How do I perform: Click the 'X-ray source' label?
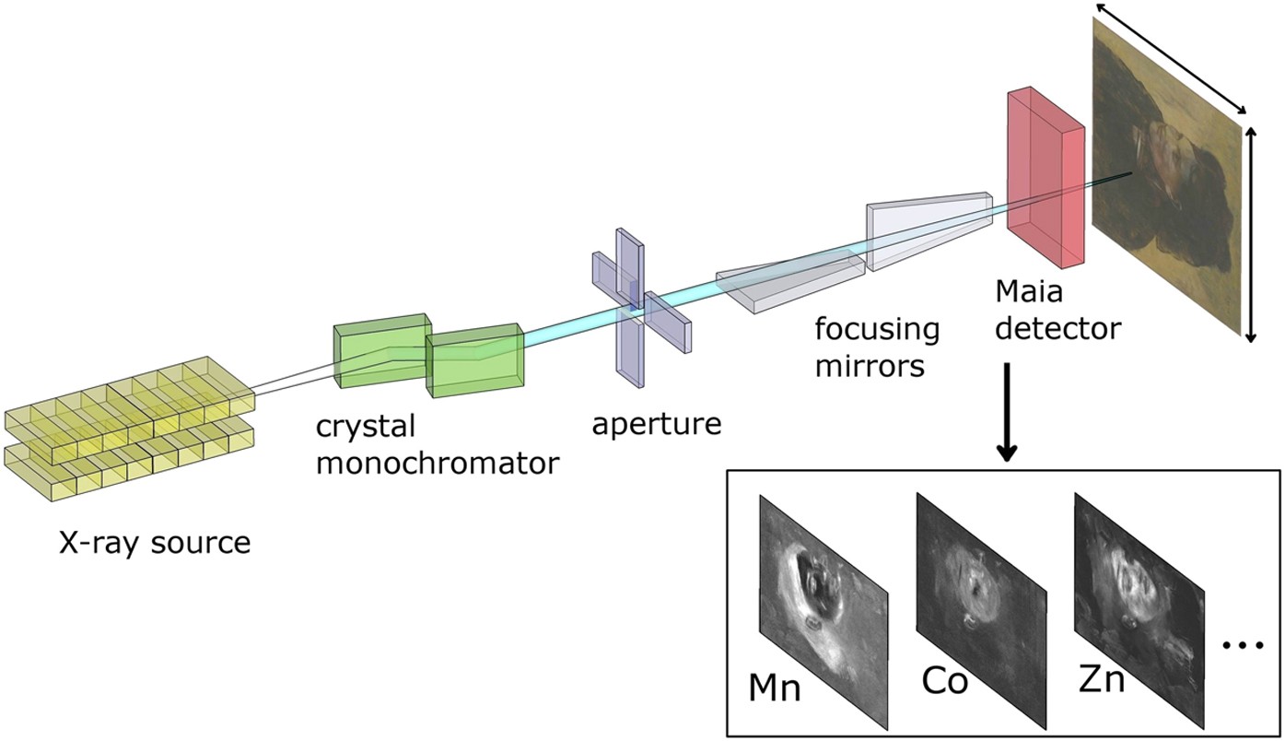coord(154,542)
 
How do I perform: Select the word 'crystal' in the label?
coord(367,427)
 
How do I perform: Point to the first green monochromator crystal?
coord(380,350)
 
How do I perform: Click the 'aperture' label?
coord(656,424)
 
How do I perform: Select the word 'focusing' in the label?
coord(876,329)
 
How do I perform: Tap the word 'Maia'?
coord(1029,292)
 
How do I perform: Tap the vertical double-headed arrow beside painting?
coord(1250,235)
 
